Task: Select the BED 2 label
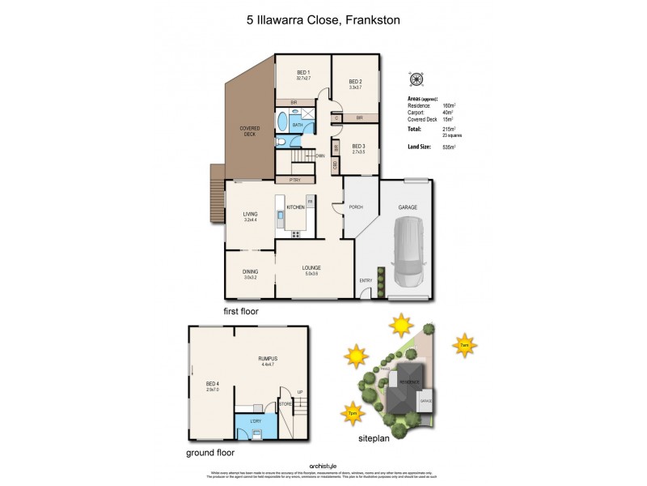355,82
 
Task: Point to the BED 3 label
358,147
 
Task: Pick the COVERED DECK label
249,130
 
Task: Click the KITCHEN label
294,208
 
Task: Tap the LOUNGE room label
312,268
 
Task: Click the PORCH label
356,207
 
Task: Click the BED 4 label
212,383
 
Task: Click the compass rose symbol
417,79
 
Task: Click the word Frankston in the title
374,23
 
